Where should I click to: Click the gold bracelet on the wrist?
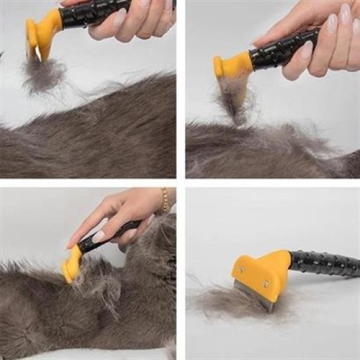[x=166, y=200]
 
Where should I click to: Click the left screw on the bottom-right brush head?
[x=242, y=268]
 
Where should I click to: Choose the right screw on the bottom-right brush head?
[x=266, y=283]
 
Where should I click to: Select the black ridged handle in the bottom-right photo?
[x=324, y=263]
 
